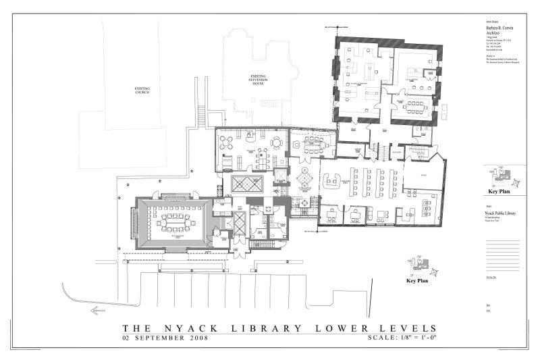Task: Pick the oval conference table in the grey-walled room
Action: (x=172, y=222)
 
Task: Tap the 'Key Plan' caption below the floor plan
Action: (x=417, y=280)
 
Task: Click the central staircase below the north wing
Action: (x=377, y=150)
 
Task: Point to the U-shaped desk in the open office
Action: (x=331, y=178)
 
